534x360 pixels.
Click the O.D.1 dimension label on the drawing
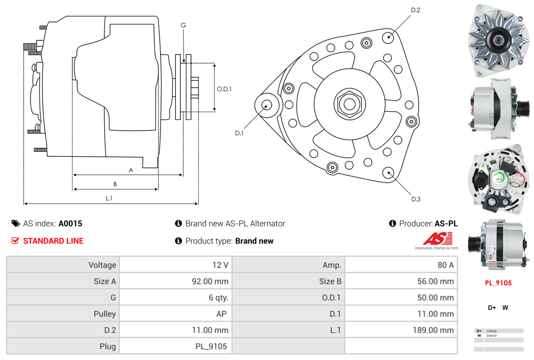(x=224, y=89)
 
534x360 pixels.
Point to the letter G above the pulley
(x=183, y=25)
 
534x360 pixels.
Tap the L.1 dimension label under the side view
(x=109, y=198)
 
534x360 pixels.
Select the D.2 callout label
(x=415, y=10)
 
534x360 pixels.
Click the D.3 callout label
(x=416, y=199)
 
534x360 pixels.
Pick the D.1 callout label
(x=239, y=133)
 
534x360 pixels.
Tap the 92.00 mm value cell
(x=210, y=281)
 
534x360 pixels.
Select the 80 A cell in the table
(x=445, y=265)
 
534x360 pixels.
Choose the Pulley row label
(x=105, y=314)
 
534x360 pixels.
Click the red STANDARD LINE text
(x=53, y=241)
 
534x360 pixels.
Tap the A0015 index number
(x=70, y=223)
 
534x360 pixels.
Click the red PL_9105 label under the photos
(x=498, y=283)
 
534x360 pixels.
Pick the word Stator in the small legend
(x=492, y=336)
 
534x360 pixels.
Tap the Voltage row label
(x=102, y=265)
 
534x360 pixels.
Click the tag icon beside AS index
(x=16, y=223)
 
